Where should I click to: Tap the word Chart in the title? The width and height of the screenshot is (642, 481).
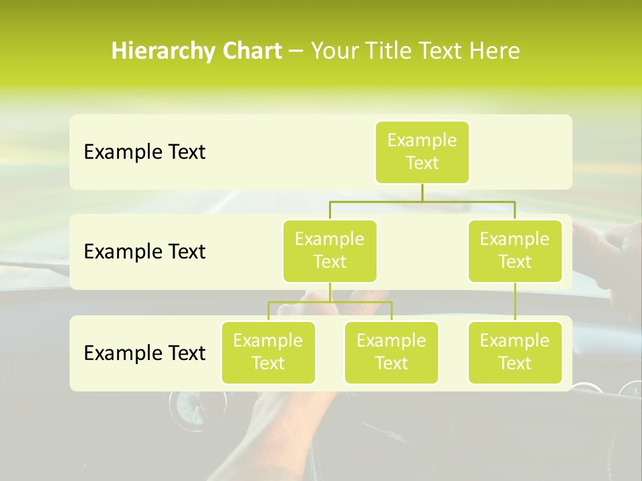(x=248, y=51)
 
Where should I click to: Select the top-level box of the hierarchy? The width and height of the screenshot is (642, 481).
(x=422, y=152)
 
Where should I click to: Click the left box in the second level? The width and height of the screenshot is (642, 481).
(x=330, y=251)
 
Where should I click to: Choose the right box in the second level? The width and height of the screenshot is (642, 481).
(x=515, y=251)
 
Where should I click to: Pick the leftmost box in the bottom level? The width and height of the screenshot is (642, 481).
(x=268, y=353)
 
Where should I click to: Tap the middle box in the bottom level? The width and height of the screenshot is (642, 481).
(x=391, y=353)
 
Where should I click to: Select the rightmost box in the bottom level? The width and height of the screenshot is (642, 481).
(x=515, y=353)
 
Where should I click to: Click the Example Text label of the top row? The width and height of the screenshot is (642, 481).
(x=144, y=152)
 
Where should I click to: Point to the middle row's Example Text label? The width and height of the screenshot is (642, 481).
(x=144, y=252)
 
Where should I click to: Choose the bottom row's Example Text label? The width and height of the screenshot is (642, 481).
(x=144, y=353)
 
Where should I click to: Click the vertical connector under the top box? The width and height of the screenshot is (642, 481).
(x=422, y=192)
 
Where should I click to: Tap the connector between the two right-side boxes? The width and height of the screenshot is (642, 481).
(x=515, y=302)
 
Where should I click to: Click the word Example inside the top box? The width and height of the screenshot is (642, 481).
(x=422, y=140)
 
